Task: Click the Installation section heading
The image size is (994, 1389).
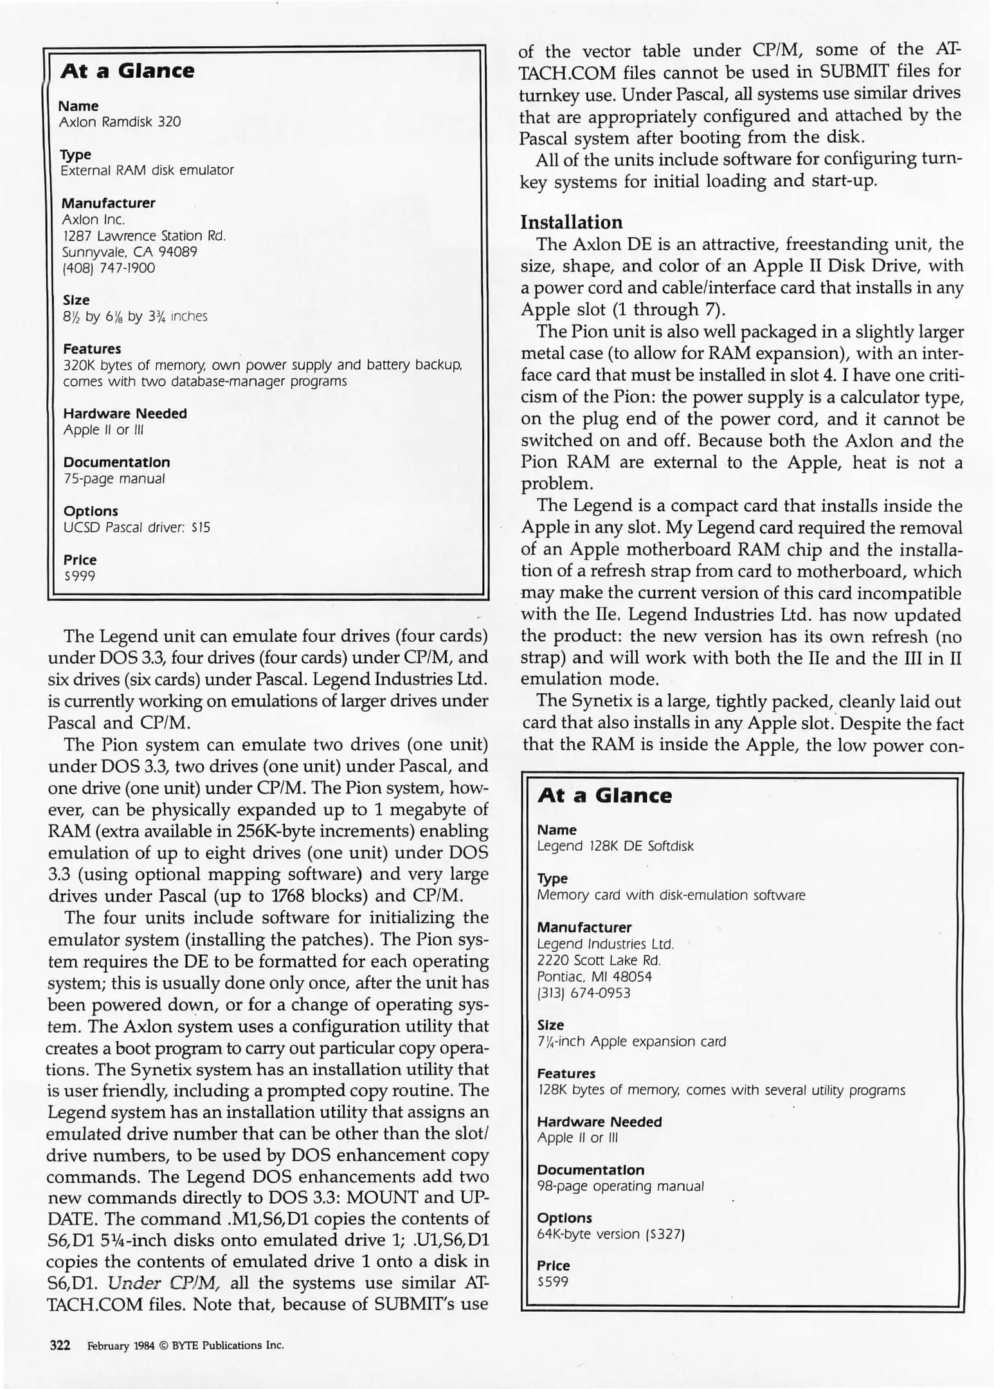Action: pyautogui.click(x=571, y=222)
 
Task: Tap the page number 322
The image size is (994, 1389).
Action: pyautogui.click(x=60, y=1345)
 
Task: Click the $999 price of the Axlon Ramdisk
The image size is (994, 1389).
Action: pyautogui.click(x=80, y=576)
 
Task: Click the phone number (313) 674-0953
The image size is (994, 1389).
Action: pyautogui.click(x=584, y=993)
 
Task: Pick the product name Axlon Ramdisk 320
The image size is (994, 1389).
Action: pyautogui.click(x=120, y=122)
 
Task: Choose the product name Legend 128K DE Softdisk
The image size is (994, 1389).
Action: pyautogui.click(x=615, y=846)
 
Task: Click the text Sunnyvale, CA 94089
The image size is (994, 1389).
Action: pyautogui.click(x=129, y=252)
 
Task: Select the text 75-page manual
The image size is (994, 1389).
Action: pyautogui.click(x=114, y=479)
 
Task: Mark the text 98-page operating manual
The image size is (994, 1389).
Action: pyautogui.click(x=620, y=1186)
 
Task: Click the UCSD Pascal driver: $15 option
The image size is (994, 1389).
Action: pyautogui.click(x=136, y=528)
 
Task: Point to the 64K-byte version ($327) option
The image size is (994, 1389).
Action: pyautogui.click(x=610, y=1234)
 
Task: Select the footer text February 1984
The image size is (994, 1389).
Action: pyautogui.click(x=121, y=1346)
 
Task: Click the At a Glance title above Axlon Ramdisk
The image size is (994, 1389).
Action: pyautogui.click(x=127, y=71)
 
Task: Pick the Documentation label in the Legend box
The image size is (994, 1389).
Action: pyautogui.click(x=590, y=1170)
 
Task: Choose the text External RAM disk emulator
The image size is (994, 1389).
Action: pyautogui.click(x=147, y=170)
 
